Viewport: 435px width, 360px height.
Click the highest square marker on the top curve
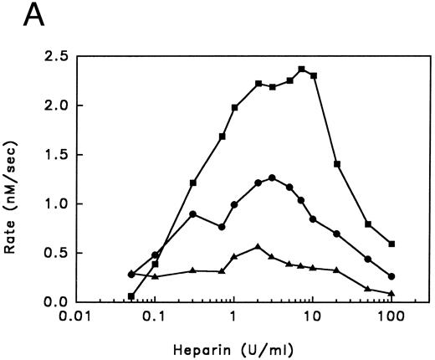301,69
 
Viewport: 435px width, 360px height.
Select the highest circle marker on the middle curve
272,177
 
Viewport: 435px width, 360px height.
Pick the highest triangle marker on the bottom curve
258,247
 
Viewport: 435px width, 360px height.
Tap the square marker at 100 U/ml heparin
391,244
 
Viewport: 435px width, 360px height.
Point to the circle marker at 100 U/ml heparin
391,276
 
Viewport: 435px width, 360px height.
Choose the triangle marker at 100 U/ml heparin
391,293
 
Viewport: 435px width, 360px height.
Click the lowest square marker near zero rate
131,296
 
